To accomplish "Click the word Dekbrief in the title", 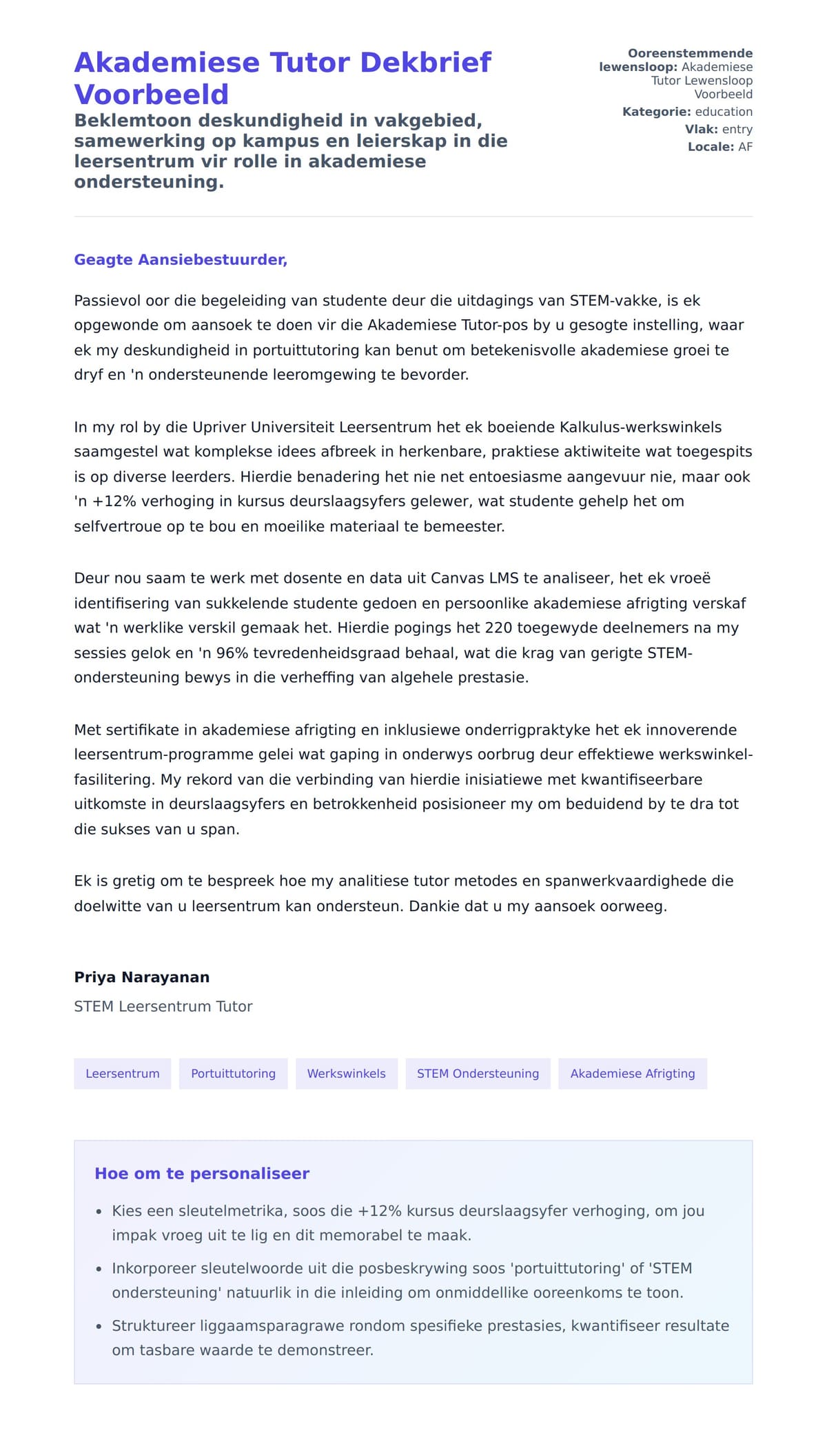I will click(425, 63).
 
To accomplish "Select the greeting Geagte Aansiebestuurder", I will click(181, 260).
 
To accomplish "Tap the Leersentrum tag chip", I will click(123, 1074).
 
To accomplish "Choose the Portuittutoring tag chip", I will click(233, 1074).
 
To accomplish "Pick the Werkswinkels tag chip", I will click(347, 1074).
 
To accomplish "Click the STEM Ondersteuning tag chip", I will click(478, 1074).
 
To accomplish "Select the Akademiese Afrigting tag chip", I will click(633, 1074).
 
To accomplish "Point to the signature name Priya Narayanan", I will click(142, 977).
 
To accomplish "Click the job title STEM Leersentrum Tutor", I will click(163, 1007).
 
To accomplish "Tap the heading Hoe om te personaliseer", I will click(202, 1174).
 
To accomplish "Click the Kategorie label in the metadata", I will click(656, 112).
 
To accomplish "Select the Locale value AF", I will click(745, 147).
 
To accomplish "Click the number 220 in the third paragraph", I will click(499, 628).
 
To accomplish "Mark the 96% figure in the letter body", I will click(232, 653).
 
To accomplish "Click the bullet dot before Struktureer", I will click(99, 1326).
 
